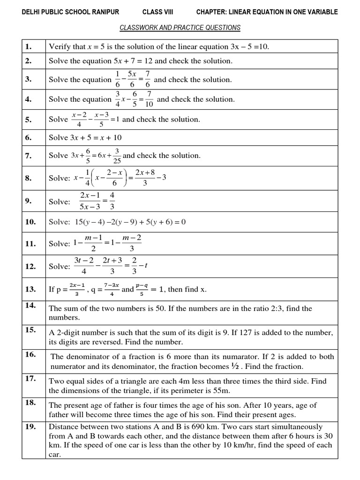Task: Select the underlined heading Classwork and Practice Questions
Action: (180, 28)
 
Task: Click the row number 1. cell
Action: (29, 46)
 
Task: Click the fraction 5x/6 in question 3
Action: (132, 79)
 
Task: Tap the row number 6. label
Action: (29, 137)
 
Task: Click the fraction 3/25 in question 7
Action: (117, 156)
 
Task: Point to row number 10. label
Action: (30, 222)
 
